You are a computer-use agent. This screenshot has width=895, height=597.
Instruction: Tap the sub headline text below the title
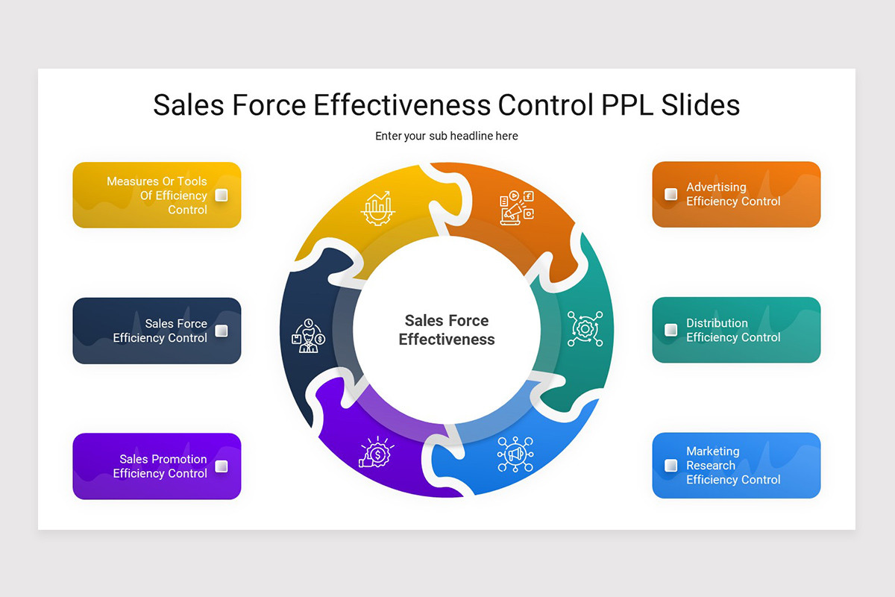(x=446, y=137)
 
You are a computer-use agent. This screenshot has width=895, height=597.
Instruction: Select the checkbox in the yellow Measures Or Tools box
(x=222, y=196)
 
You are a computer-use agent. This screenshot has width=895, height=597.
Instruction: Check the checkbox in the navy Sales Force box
(x=222, y=331)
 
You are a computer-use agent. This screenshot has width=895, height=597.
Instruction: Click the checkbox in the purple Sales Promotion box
(x=222, y=466)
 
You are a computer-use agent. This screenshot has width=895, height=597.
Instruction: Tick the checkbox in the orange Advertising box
(x=671, y=194)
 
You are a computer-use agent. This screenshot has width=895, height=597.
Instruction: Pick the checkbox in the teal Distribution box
(x=671, y=329)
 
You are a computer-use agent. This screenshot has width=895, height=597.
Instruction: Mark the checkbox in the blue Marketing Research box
(x=671, y=465)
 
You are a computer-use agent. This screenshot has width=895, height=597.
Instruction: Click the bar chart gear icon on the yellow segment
(x=377, y=208)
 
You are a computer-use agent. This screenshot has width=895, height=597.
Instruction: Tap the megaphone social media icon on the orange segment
(x=517, y=207)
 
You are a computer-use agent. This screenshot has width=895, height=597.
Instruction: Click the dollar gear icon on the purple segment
(x=377, y=453)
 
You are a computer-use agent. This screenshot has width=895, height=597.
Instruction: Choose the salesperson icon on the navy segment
(x=307, y=336)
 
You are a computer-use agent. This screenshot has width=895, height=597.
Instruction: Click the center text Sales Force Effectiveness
(x=446, y=330)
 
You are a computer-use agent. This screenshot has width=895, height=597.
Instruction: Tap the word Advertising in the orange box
(x=716, y=187)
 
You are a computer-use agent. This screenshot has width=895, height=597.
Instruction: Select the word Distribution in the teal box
(x=717, y=323)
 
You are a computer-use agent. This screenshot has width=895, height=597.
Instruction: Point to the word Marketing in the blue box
(x=712, y=451)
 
